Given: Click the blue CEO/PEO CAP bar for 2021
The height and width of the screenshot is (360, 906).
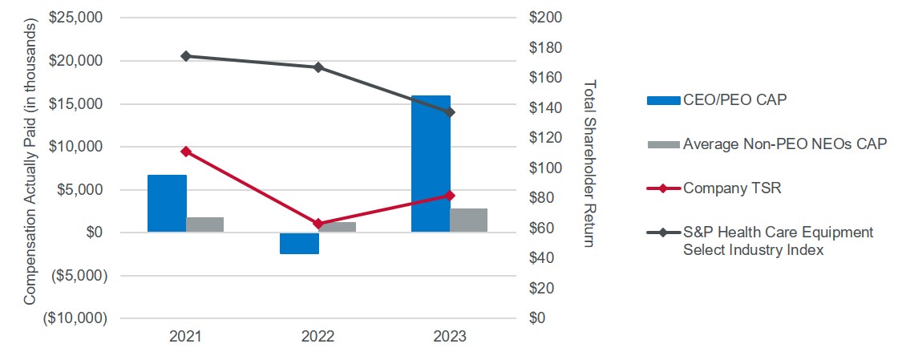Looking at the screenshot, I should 167,204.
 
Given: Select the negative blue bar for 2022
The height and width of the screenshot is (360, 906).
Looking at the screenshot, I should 299,243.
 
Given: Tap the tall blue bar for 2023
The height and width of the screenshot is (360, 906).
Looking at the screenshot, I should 431,164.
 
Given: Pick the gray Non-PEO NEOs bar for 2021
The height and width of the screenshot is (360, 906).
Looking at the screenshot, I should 204,224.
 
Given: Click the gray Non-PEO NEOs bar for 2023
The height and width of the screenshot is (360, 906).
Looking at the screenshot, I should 468,220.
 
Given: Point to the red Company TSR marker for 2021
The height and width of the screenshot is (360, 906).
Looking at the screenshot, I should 186,152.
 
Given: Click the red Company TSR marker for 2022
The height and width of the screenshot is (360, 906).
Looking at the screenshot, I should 318,224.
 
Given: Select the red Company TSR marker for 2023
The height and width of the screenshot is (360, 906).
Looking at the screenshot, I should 450,196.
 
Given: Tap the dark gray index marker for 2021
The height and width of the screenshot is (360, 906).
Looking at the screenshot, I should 186,56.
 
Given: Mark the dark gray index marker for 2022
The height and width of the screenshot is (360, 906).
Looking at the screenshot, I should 318,67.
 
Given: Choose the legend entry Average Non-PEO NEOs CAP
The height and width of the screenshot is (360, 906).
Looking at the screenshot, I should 784,144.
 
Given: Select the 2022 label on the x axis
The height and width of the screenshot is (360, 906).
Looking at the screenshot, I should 318,338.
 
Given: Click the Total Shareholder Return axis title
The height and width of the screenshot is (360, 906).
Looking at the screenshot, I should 590,164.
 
